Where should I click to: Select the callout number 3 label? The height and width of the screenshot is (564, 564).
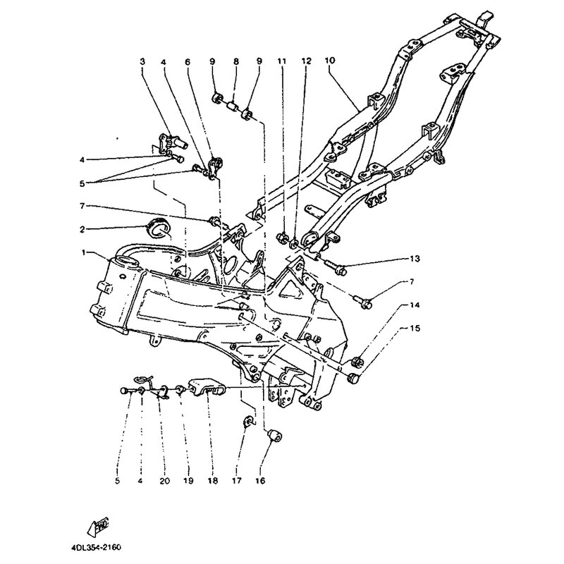pos(142,62)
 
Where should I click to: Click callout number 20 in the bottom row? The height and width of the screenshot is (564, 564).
pos(164,482)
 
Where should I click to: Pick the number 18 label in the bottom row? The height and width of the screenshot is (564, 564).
pos(210,482)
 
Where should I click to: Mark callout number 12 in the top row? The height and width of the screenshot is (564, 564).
pos(306,62)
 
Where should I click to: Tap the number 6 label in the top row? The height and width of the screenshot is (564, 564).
pos(188,62)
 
